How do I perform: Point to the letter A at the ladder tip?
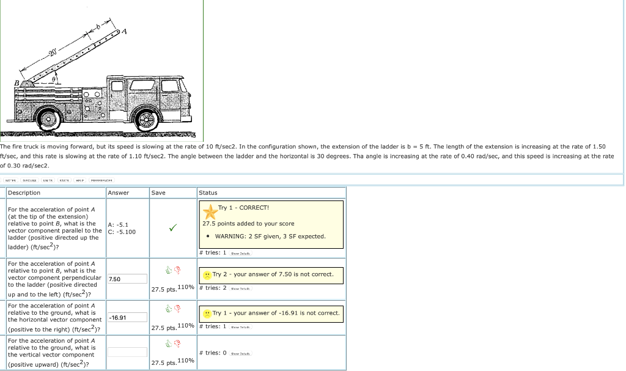(125, 31)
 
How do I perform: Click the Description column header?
(24, 193)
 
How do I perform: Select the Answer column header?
(119, 193)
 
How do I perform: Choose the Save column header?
(158, 193)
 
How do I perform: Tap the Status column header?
(208, 193)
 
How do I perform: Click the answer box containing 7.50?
(127, 279)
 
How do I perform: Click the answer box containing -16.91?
(127, 317)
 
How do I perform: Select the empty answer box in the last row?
(127, 352)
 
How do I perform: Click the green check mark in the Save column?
(173, 228)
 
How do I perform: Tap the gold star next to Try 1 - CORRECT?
(210, 211)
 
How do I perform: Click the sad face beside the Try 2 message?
(208, 274)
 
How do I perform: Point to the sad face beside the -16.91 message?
(208, 314)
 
